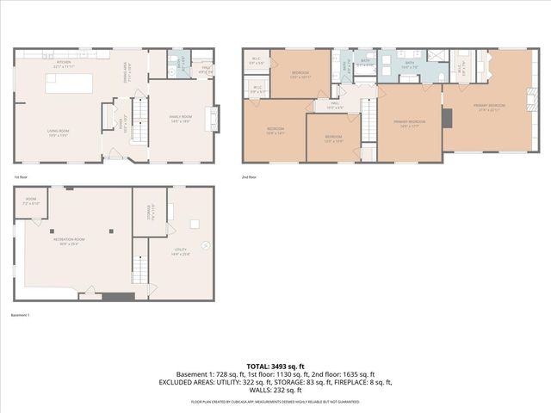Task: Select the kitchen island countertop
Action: [65, 83]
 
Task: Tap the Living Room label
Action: [58, 133]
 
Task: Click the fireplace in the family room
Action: [215, 117]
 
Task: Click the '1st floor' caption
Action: [20, 177]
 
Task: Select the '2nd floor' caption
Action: [251, 177]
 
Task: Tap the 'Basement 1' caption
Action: [20, 315]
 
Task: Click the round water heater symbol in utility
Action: [195, 225]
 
